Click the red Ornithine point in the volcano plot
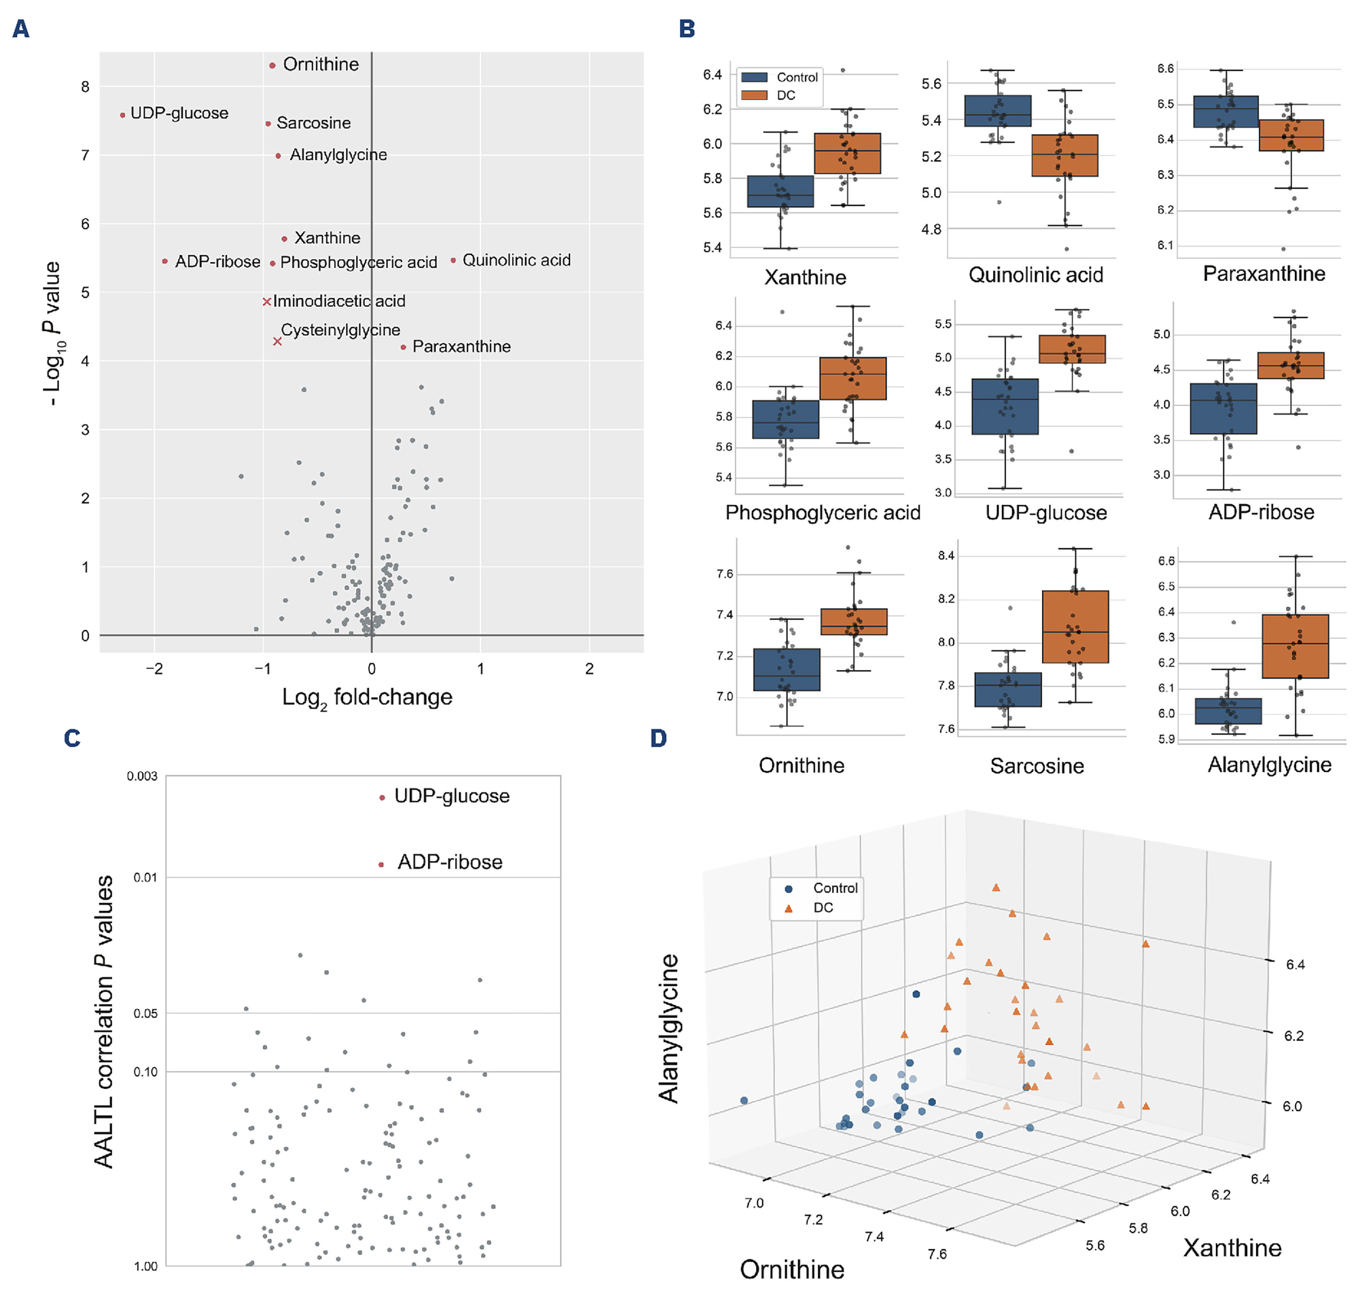coord(272,65)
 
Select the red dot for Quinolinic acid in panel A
coord(453,261)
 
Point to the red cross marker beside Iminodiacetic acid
coord(267,301)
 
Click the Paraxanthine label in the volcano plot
coord(461,347)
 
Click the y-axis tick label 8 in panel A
coord(85,87)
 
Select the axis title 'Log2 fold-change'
coord(367,698)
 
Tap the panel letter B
coord(686,29)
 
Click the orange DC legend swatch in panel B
coord(754,95)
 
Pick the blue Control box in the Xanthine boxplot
coord(780,191)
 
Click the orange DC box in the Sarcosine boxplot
coord(1075,626)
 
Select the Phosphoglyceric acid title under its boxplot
coord(822,513)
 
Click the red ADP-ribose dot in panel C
coord(381,864)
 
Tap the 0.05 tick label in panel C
coord(145,1014)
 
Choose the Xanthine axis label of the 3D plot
coord(1232,1248)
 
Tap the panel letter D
coord(658,739)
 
